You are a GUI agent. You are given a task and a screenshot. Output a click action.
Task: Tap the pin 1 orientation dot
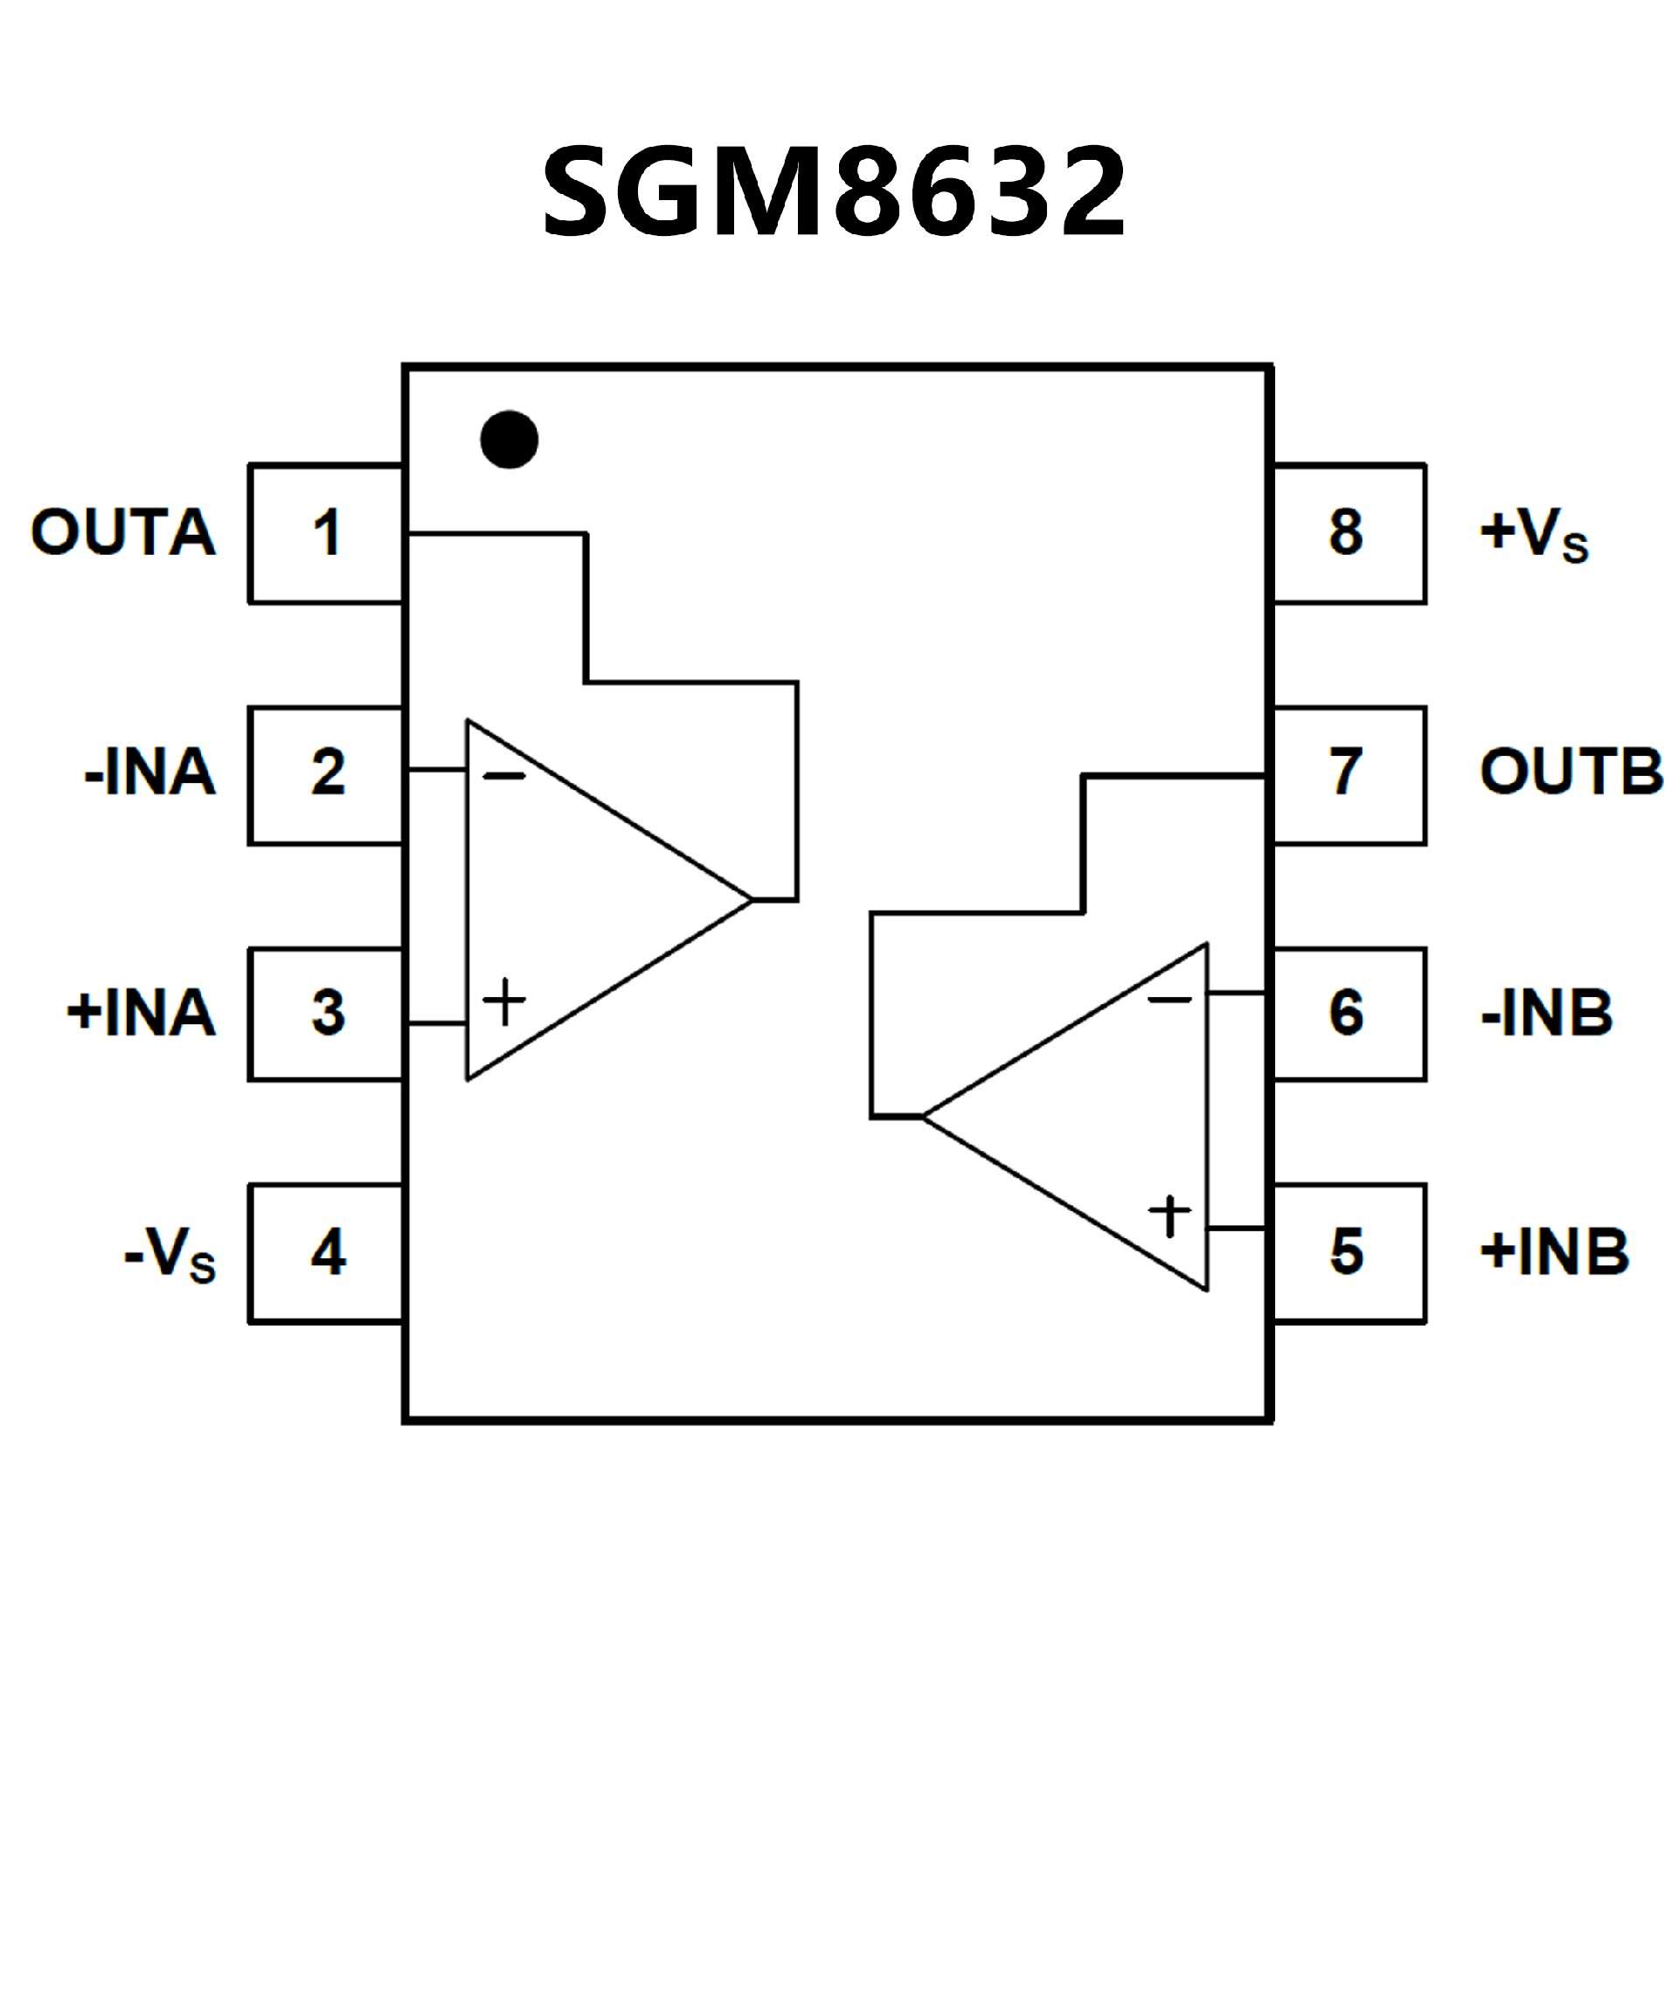(x=510, y=440)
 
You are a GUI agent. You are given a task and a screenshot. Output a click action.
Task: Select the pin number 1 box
(x=326, y=533)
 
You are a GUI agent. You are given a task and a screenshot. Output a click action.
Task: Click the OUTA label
(x=123, y=532)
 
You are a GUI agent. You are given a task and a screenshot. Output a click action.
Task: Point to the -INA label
(x=149, y=772)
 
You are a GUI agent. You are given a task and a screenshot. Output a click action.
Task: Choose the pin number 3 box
(x=326, y=1014)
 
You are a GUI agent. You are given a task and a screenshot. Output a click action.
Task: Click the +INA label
(x=140, y=1013)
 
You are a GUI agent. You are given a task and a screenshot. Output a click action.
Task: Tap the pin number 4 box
(x=326, y=1253)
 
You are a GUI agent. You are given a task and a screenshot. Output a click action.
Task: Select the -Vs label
(x=170, y=1254)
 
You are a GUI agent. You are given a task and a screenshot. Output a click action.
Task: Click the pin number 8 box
(x=1349, y=533)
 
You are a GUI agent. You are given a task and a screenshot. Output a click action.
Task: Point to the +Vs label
(x=1534, y=534)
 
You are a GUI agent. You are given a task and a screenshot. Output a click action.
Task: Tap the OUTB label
(x=1571, y=772)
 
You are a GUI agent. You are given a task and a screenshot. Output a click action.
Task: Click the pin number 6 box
(x=1349, y=1014)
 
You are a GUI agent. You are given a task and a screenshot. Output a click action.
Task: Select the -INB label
(x=1546, y=1013)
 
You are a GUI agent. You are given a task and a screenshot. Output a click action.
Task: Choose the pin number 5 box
(x=1349, y=1253)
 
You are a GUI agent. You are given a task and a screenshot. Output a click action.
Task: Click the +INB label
(x=1554, y=1251)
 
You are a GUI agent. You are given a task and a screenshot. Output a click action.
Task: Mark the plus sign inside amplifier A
(x=504, y=1002)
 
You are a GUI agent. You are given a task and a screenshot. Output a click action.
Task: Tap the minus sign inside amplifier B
(x=1168, y=1000)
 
